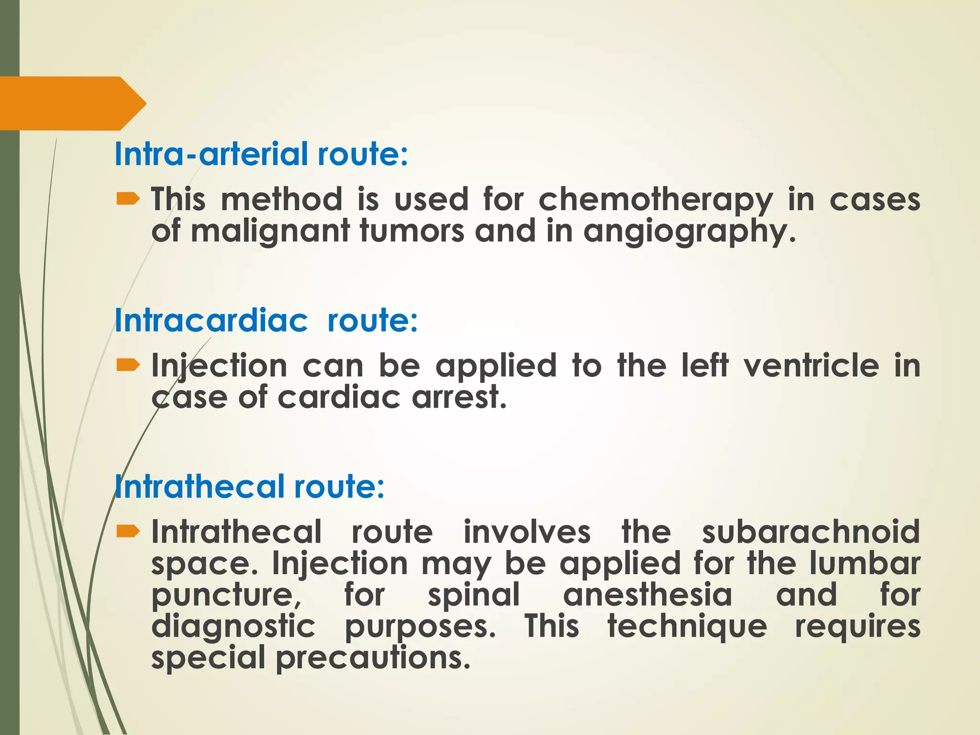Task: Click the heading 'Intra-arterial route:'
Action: [261, 154]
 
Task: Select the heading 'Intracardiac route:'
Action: [266, 320]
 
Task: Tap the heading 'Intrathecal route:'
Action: [249, 486]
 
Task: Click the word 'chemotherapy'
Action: [655, 200]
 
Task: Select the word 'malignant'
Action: [270, 232]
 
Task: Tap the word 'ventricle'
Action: [811, 366]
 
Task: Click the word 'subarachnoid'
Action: [811, 532]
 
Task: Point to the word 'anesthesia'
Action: [647, 595]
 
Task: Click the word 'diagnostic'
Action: [234, 626]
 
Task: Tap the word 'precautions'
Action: [369, 658]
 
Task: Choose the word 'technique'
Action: [687, 626]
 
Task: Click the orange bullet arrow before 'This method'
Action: [128, 199]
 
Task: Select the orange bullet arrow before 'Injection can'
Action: [128, 366]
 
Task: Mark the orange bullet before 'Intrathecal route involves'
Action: [128, 531]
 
